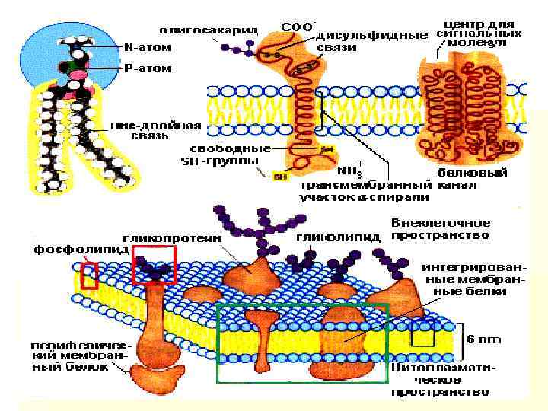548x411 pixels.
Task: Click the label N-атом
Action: (x=148, y=47)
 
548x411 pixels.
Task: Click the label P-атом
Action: (x=148, y=68)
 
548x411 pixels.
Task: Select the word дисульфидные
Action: (x=372, y=35)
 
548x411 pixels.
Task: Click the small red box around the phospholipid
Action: (x=90, y=276)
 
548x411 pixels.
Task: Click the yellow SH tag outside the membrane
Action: (x=280, y=177)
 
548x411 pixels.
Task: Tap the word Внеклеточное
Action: (x=441, y=224)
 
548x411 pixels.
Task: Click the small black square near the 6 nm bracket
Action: (x=423, y=333)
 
